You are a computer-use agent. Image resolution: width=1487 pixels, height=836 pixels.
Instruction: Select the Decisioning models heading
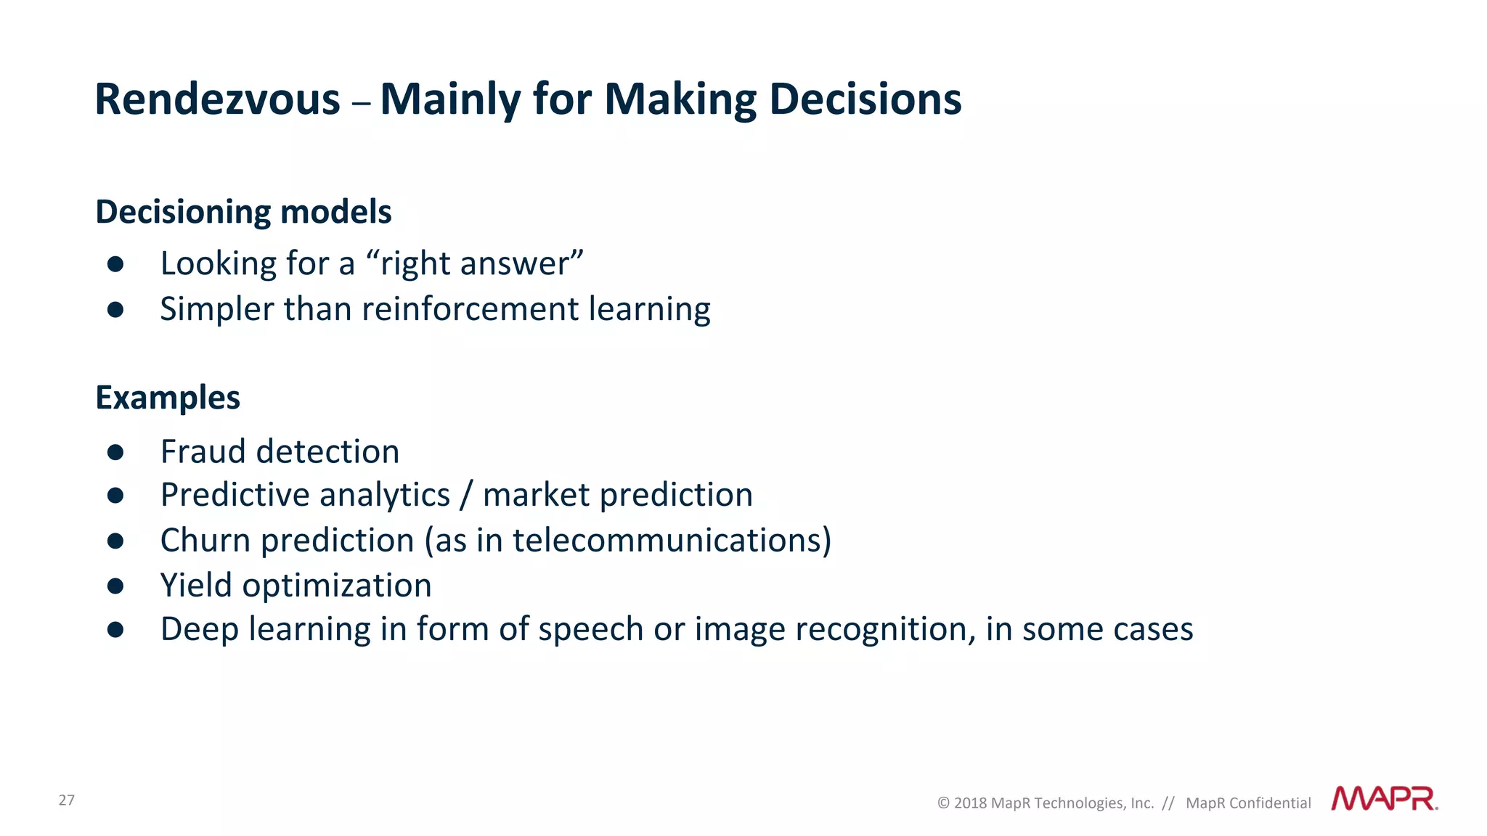[x=243, y=212]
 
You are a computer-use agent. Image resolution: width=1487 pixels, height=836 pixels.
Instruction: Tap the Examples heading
[x=168, y=398]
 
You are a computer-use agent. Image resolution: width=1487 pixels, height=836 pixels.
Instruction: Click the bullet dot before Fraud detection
[x=115, y=452]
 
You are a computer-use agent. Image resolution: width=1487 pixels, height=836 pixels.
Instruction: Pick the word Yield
[x=196, y=585]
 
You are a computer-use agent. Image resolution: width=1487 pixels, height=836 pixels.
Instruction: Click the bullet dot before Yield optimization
[x=115, y=586]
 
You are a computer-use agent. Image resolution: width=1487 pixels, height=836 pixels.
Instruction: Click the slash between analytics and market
[x=466, y=496]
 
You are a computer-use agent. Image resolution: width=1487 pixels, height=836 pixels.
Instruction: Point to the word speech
[x=590, y=629]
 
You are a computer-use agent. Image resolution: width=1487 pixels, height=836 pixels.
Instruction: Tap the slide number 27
[x=67, y=800]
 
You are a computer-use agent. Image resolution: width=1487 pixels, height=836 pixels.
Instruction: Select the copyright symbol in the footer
[x=943, y=803]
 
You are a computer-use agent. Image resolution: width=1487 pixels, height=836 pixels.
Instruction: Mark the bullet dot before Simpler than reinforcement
[x=115, y=310]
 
